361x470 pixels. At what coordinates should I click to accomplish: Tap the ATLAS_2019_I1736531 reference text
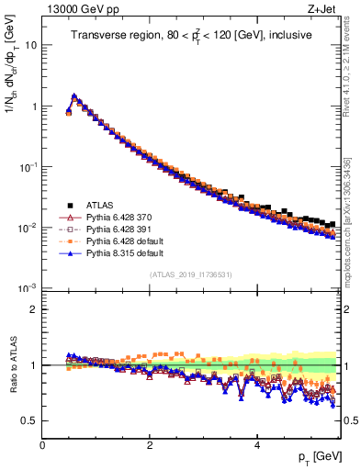pos(190,274)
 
